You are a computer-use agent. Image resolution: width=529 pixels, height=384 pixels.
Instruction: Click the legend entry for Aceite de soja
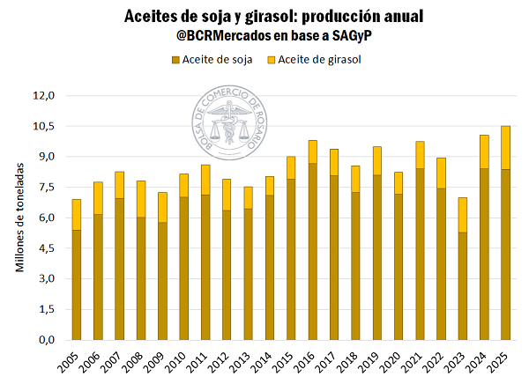[212, 60]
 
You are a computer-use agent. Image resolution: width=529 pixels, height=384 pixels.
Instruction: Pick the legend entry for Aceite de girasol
[318, 60]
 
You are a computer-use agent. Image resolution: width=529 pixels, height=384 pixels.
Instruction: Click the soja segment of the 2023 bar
[463, 286]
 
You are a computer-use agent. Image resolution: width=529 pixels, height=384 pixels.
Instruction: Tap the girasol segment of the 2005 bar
[77, 214]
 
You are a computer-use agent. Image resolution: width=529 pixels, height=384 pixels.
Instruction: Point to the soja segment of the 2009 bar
[163, 281]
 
